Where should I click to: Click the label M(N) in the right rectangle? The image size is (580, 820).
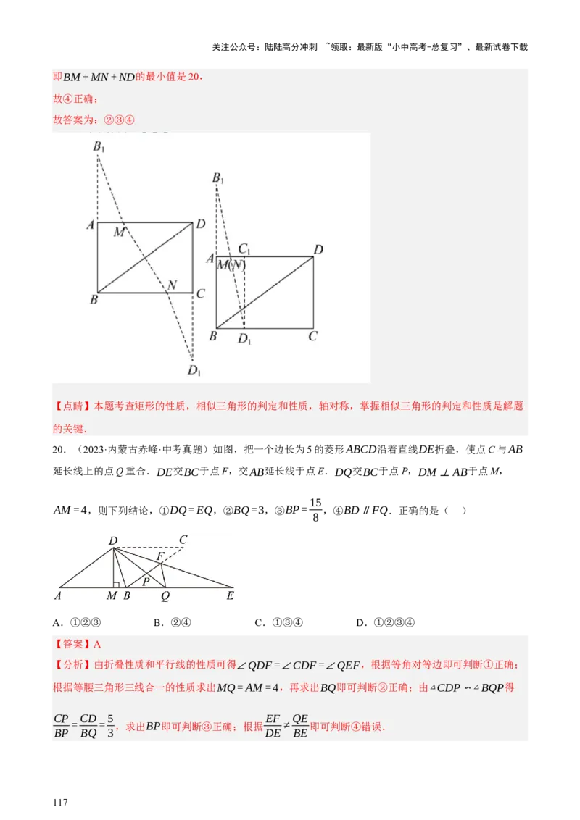(x=232, y=265)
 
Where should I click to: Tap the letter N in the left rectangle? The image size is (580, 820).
(x=172, y=285)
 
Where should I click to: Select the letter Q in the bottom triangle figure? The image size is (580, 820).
(x=165, y=597)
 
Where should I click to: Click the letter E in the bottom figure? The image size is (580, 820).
(x=231, y=597)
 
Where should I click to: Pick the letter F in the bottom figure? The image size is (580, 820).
(x=161, y=556)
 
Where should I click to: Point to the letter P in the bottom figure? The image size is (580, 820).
(x=146, y=580)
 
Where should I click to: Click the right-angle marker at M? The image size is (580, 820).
(x=116, y=584)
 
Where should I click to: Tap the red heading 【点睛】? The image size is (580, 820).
(x=72, y=406)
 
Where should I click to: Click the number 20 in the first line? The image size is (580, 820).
(x=194, y=78)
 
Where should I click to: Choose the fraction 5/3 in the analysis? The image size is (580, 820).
(x=110, y=726)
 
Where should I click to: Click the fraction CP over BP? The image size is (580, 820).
(x=61, y=726)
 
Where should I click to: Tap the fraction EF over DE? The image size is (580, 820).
(x=273, y=726)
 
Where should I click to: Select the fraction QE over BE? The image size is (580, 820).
(x=300, y=726)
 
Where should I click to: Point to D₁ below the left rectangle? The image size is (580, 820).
(x=194, y=371)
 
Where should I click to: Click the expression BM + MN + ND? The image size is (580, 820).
(x=99, y=78)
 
